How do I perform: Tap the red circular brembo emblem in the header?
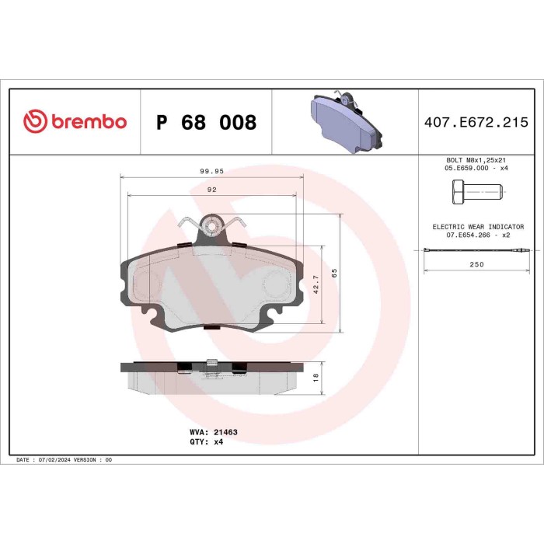(x=36, y=122)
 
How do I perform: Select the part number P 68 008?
(x=206, y=123)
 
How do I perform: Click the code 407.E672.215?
(x=476, y=122)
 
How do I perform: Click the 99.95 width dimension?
(x=211, y=171)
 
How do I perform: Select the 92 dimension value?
(x=211, y=189)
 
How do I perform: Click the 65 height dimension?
(x=333, y=273)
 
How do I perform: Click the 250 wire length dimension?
(x=476, y=264)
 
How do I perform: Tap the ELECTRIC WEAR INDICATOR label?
(x=477, y=226)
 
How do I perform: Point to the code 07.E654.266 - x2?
(x=477, y=235)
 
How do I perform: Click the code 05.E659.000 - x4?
(x=476, y=167)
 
